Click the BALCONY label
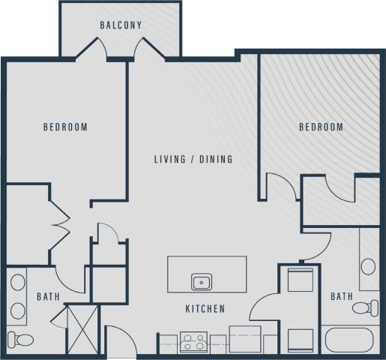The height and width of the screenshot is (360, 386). [x=121, y=25]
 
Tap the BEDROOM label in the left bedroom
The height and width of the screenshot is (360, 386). [x=65, y=127]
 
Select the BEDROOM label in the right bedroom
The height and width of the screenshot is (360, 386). [x=321, y=127]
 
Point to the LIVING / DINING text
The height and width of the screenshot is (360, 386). [x=193, y=159]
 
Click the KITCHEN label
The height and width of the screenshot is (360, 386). [x=205, y=309]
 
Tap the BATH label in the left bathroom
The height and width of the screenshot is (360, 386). [x=48, y=297]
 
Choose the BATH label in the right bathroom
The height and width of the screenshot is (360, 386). [x=342, y=297]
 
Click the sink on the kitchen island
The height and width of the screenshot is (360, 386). [x=201, y=282]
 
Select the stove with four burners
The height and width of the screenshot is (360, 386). [x=194, y=343]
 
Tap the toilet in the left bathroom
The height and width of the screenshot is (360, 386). [x=22, y=340]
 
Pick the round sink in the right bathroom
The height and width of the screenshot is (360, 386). [x=368, y=266]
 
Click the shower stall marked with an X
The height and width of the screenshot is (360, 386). [x=81, y=328]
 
